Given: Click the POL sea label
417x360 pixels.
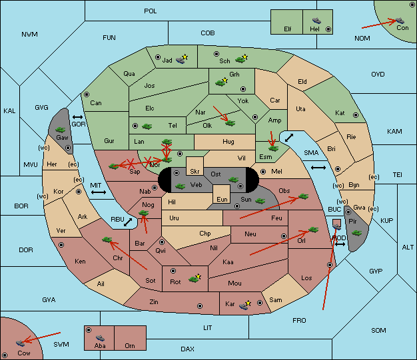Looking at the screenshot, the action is coord(151,11).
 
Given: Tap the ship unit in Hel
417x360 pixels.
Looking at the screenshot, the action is coord(316,21).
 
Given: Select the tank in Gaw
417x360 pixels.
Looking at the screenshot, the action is coord(61,130).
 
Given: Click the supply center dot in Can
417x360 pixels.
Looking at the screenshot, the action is coord(87,94).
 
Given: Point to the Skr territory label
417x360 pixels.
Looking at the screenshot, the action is coord(195,172).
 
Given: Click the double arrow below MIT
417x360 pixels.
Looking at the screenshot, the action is coord(99,192).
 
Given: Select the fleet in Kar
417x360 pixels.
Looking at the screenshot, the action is coord(244,306).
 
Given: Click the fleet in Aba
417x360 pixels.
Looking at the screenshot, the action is coord(100,337).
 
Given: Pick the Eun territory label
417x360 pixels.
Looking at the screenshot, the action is coord(222,199).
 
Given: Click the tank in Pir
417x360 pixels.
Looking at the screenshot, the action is coord(356,234).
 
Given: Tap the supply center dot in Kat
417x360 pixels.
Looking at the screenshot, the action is coord(356,115).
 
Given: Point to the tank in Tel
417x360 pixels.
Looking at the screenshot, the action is coord(147,126).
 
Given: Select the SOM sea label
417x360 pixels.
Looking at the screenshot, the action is coord(378,331).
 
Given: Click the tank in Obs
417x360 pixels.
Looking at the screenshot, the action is coord(304,196).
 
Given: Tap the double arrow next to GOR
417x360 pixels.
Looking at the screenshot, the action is coord(77,117).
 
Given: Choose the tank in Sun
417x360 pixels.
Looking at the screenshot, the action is coord(260,201).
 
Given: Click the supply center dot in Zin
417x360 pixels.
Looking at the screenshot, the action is coord(200,306).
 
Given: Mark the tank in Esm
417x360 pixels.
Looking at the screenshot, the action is coord(273,148).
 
